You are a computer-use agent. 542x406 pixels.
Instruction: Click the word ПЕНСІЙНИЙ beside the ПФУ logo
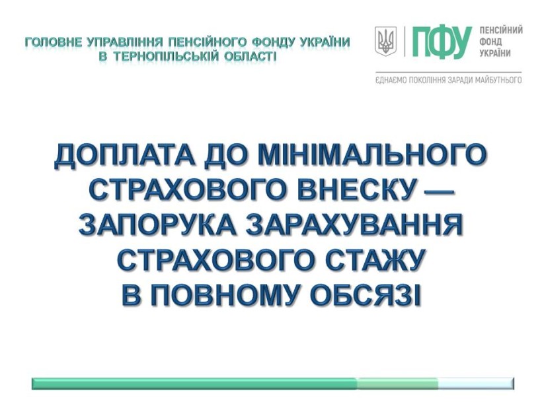[501, 30]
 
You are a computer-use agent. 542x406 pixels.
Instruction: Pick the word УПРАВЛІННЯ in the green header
[125, 42]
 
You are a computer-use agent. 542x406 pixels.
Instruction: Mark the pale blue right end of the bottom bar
[477, 384]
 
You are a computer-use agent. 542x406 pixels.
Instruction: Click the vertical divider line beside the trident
[405, 42]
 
